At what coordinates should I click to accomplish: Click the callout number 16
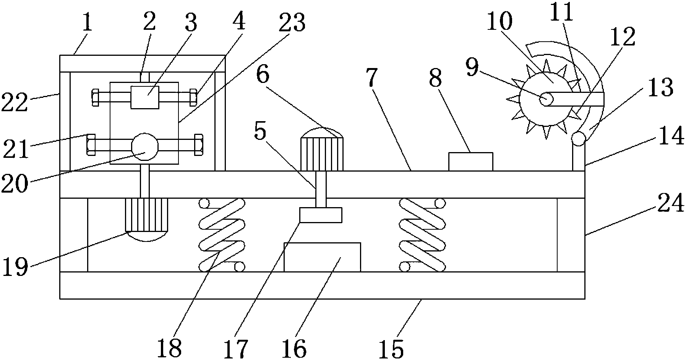click(295, 348)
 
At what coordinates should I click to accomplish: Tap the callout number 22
click(14, 102)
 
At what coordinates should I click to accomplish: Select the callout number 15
click(391, 348)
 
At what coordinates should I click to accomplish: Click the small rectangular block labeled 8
click(470, 161)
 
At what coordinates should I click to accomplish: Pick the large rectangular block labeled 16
click(322, 257)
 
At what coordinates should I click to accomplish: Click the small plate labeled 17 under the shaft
click(320, 215)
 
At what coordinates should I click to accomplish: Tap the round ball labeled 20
click(144, 146)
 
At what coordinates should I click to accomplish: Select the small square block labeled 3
click(144, 97)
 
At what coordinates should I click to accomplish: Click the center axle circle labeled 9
click(546, 99)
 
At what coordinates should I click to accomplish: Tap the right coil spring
click(422, 235)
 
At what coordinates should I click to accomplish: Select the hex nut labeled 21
click(91, 144)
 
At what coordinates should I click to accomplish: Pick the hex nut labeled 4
click(193, 97)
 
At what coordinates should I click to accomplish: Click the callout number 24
click(671, 205)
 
